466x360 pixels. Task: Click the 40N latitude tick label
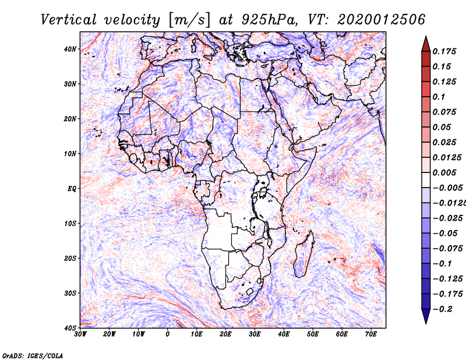point(70,49)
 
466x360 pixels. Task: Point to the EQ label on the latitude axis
point(72,189)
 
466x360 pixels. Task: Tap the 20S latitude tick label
point(70,258)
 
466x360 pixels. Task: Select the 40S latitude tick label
point(70,328)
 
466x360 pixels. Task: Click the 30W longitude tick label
point(80,334)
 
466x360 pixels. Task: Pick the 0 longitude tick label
point(168,334)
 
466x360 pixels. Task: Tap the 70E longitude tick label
point(371,334)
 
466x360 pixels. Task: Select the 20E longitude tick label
point(225,334)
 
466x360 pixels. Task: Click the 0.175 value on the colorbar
point(444,51)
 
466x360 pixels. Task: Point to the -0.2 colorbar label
point(443,309)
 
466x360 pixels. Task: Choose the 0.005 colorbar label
point(444,172)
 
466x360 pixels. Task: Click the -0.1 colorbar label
point(443,264)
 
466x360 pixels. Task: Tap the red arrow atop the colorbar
point(426,44)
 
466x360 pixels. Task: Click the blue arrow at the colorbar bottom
point(426,316)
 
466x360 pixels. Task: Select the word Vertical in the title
point(69,20)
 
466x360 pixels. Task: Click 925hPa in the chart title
point(270,20)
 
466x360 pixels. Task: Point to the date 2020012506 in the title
point(382,20)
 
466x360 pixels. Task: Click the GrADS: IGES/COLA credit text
point(33,355)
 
